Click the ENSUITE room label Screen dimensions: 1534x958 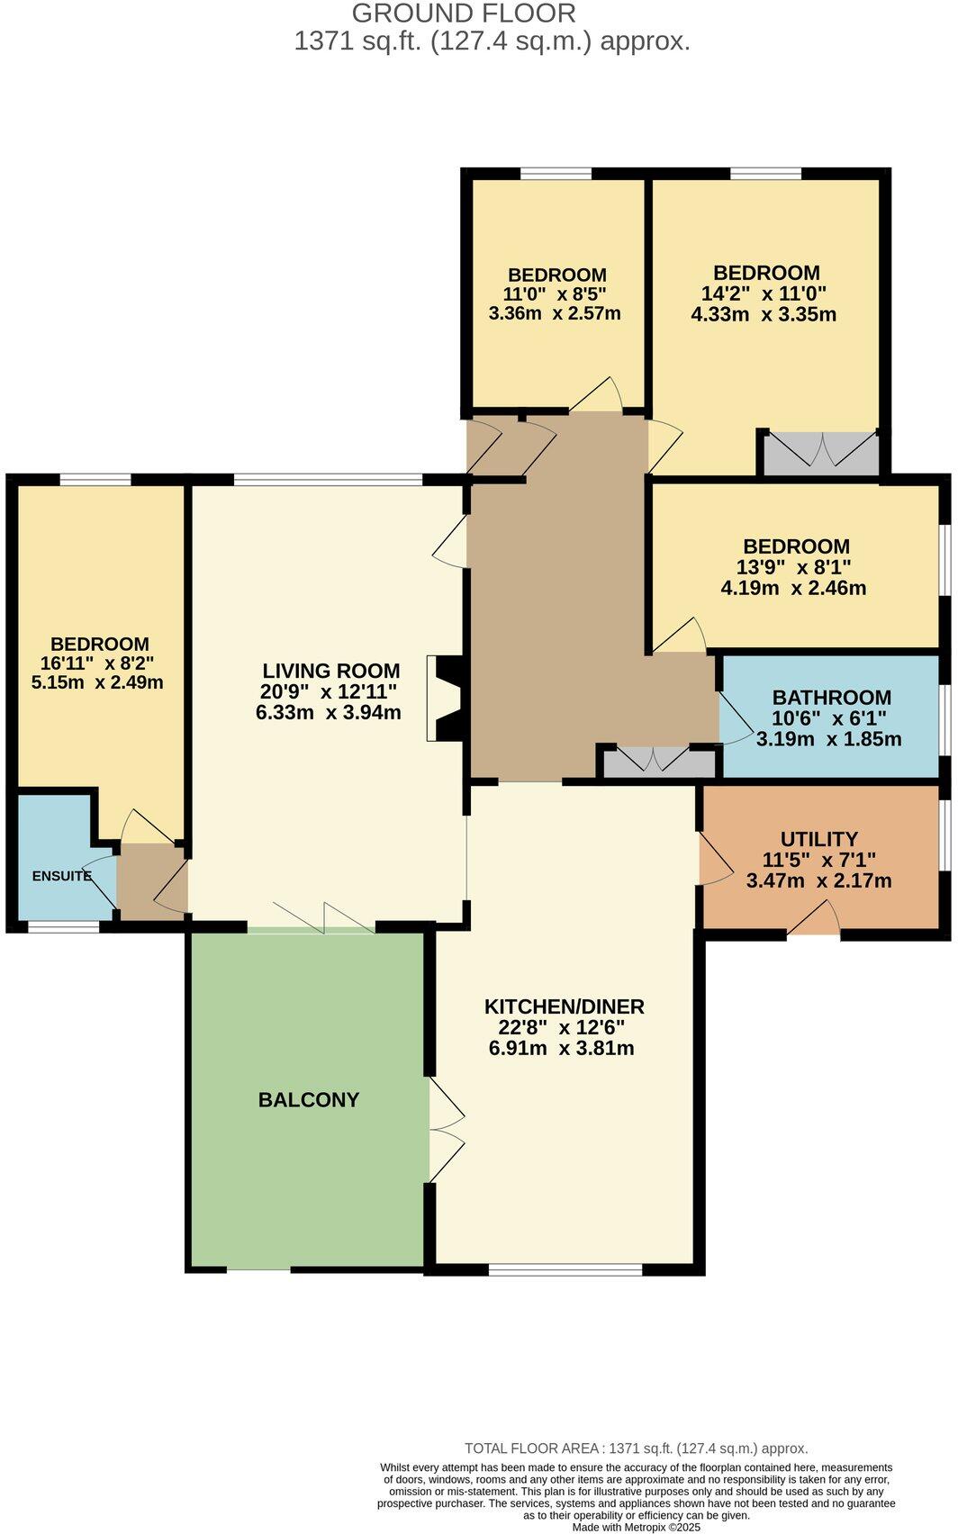[x=61, y=876]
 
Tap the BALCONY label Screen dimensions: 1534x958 [x=309, y=1100]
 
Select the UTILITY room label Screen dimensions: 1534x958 [x=818, y=839]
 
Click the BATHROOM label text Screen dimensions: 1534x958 [x=831, y=698]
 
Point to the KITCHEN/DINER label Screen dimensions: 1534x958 [x=564, y=1007]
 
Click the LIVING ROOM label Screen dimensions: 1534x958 [x=330, y=671]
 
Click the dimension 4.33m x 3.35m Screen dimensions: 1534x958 [x=764, y=315]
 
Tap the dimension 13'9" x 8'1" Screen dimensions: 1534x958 [x=795, y=567]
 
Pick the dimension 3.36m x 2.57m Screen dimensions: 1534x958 [x=555, y=314]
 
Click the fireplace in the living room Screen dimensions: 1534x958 [x=444, y=699]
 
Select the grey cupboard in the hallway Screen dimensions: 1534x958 [x=658, y=762]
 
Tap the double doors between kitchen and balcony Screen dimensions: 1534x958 [x=445, y=1131]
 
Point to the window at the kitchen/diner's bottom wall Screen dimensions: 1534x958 [x=565, y=1270]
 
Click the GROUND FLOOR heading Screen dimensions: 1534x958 [x=463, y=14]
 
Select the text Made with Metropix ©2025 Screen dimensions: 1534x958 [x=636, y=1527]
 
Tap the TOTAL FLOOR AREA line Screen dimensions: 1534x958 [x=636, y=1448]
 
